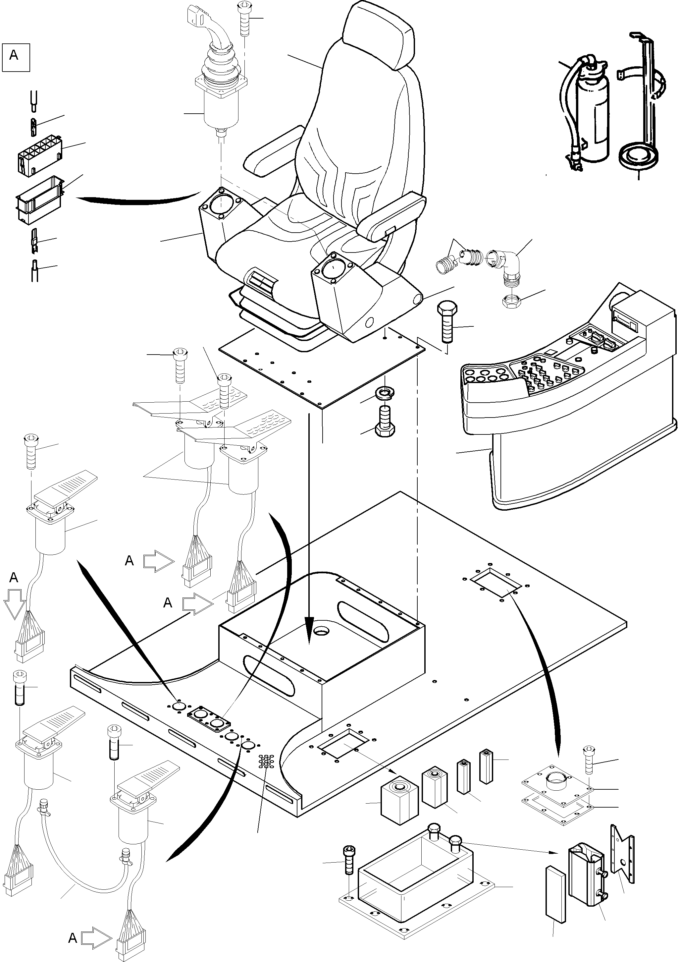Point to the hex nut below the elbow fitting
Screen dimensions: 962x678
pyautogui.click(x=511, y=301)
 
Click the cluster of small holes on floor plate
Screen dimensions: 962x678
pyautogui.click(x=266, y=761)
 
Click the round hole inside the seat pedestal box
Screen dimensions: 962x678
pyautogui.click(x=323, y=631)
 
